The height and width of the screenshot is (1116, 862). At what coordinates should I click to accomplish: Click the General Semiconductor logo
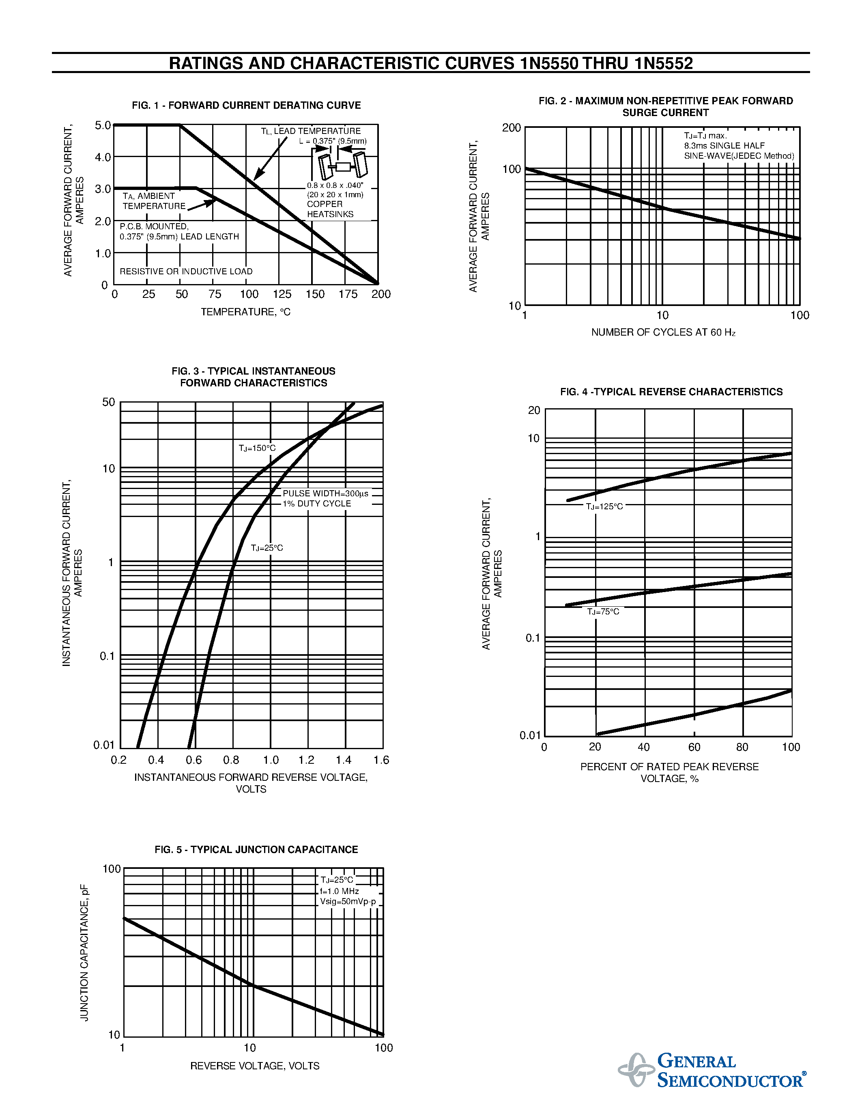(x=712, y=1070)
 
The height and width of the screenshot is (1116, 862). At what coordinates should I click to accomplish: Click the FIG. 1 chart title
(x=246, y=105)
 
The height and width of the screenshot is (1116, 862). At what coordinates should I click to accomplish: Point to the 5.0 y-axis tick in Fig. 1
(x=103, y=125)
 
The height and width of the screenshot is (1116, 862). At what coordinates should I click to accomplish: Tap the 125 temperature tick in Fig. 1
(x=282, y=294)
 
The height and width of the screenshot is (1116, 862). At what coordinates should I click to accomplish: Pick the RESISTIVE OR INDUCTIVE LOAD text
(x=186, y=271)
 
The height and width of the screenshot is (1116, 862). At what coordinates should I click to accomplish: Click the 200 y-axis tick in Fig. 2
(x=511, y=128)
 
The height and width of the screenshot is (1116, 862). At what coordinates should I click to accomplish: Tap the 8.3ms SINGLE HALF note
(x=724, y=146)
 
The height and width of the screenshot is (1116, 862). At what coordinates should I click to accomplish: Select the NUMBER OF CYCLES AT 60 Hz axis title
(x=663, y=332)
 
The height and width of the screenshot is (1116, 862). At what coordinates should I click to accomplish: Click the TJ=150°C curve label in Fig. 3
(x=257, y=448)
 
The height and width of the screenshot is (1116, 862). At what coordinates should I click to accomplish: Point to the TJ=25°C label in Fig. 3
(x=267, y=548)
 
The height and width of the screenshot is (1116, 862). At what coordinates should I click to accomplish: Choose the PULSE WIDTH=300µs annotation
(x=325, y=493)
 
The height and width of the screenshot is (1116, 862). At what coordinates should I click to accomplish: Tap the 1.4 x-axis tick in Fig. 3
(x=343, y=760)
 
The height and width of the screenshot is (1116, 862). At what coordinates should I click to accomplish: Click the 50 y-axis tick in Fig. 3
(x=109, y=402)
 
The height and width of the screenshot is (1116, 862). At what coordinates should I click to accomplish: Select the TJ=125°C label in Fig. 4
(x=604, y=506)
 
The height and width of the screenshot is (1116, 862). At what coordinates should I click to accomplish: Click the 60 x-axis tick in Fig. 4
(x=694, y=747)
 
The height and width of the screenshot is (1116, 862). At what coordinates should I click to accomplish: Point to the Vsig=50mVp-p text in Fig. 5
(x=348, y=901)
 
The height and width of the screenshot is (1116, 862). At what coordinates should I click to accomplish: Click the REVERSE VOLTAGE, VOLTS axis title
(x=254, y=1066)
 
